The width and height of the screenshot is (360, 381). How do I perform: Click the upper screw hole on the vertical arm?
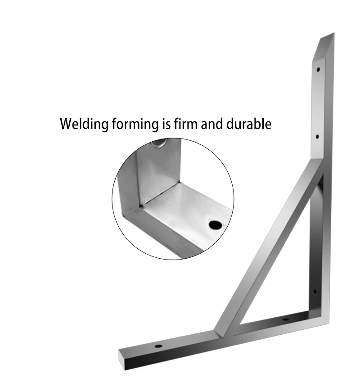318,70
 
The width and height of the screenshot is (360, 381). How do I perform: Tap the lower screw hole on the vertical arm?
317,136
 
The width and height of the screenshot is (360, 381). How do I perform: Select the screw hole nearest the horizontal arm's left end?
158,346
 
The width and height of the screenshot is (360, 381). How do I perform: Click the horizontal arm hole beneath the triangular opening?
285,320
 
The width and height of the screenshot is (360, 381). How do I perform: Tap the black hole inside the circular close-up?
216,223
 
